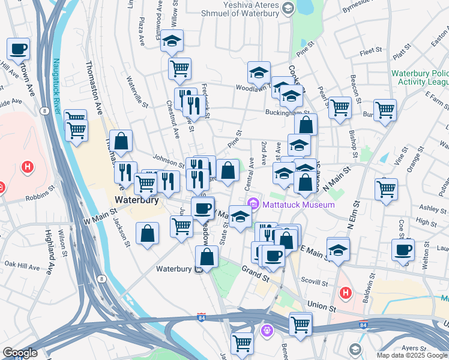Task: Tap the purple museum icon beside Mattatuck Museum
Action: point(254,205)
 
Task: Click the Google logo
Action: point(19,352)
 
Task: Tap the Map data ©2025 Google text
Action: point(412,355)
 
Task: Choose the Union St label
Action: point(321,307)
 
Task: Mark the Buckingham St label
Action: point(289,112)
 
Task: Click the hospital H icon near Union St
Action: point(345,293)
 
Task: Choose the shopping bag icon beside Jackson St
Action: point(147,234)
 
